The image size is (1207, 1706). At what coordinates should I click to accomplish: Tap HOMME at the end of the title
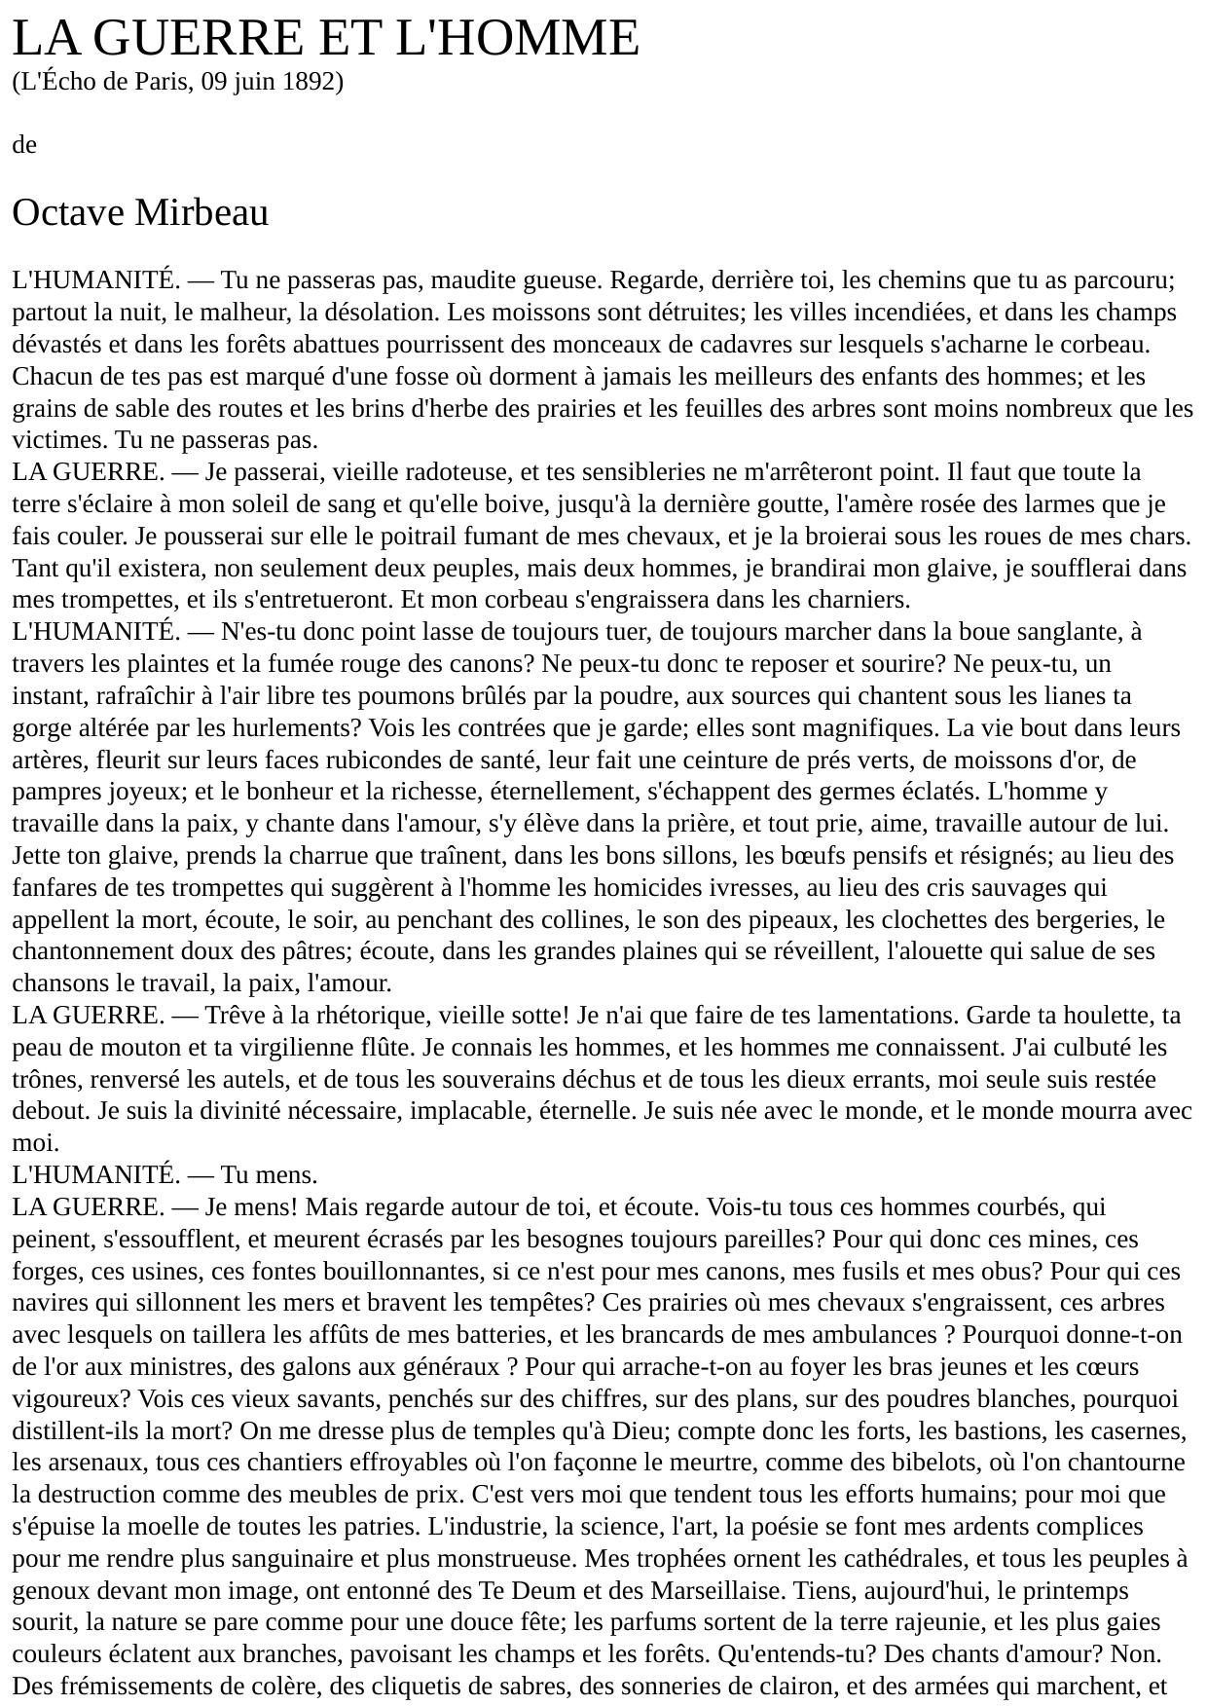click(544, 39)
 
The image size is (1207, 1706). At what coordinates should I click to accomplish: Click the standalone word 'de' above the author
click(24, 145)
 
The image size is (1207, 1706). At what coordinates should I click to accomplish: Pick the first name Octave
click(67, 212)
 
